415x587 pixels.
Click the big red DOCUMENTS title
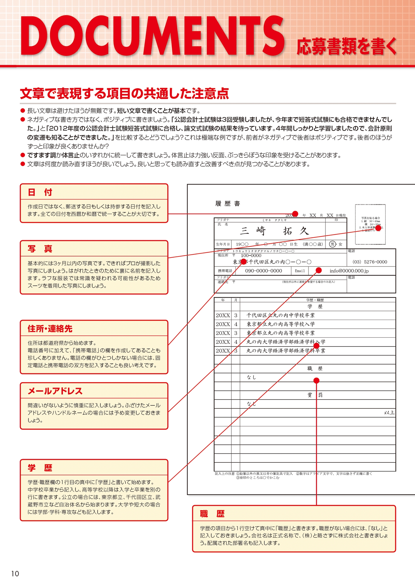tap(152, 36)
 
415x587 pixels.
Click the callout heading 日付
tap(40, 192)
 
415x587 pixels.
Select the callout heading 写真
tap(40, 249)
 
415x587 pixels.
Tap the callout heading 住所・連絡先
tap(50, 329)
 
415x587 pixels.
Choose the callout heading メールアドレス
tap(55, 391)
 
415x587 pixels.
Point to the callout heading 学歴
tap(40, 468)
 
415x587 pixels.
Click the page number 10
tap(15, 573)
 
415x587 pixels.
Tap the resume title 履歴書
tap(228, 204)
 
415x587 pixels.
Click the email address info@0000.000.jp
tap(349, 271)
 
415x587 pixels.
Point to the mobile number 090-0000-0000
tap(263, 271)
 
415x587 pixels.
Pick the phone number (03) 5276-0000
tap(370, 262)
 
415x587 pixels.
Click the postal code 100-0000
tap(251, 256)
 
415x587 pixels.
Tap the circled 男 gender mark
tap(332, 244)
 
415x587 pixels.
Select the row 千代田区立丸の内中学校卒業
tap(280, 315)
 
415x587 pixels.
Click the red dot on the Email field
tap(319, 270)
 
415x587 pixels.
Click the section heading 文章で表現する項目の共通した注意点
tap(124, 94)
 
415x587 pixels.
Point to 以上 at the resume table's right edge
tap(389, 413)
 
